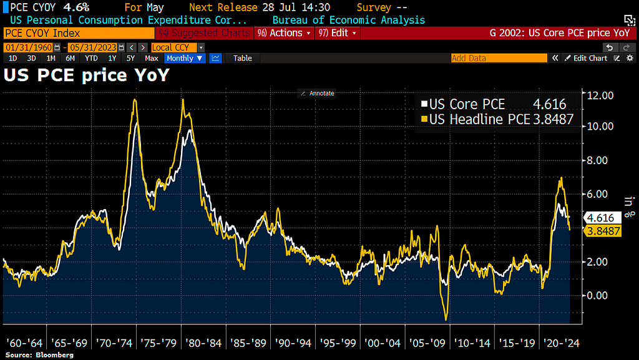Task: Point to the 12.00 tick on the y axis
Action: (597, 95)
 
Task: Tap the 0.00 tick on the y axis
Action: (597, 295)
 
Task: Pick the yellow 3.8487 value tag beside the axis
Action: (604, 231)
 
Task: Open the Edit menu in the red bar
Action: (338, 33)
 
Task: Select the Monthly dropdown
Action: (185, 58)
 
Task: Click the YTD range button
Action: (91, 58)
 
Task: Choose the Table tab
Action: (243, 58)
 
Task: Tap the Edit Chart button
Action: (586, 58)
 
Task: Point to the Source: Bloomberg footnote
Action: (39, 355)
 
